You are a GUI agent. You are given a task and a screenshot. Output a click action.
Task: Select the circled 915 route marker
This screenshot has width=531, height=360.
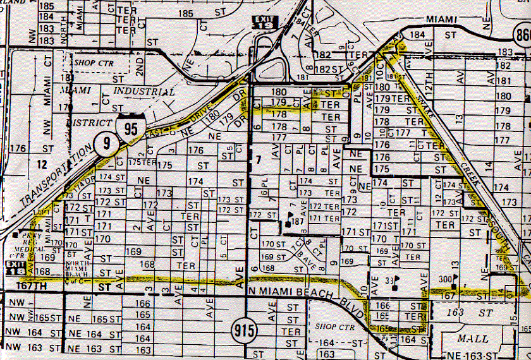(x=242, y=330)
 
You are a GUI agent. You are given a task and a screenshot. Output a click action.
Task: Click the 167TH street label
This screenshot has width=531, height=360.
(x=30, y=286)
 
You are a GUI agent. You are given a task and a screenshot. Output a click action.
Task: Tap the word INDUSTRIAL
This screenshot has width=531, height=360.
(x=142, y=92)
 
